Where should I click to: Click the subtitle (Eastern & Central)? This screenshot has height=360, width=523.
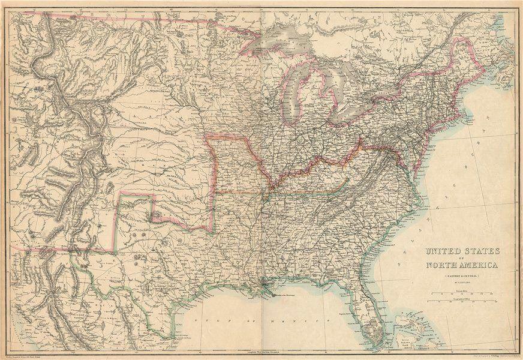click(x=461, y=275)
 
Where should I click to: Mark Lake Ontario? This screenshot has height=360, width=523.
click(x=396, y=91)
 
